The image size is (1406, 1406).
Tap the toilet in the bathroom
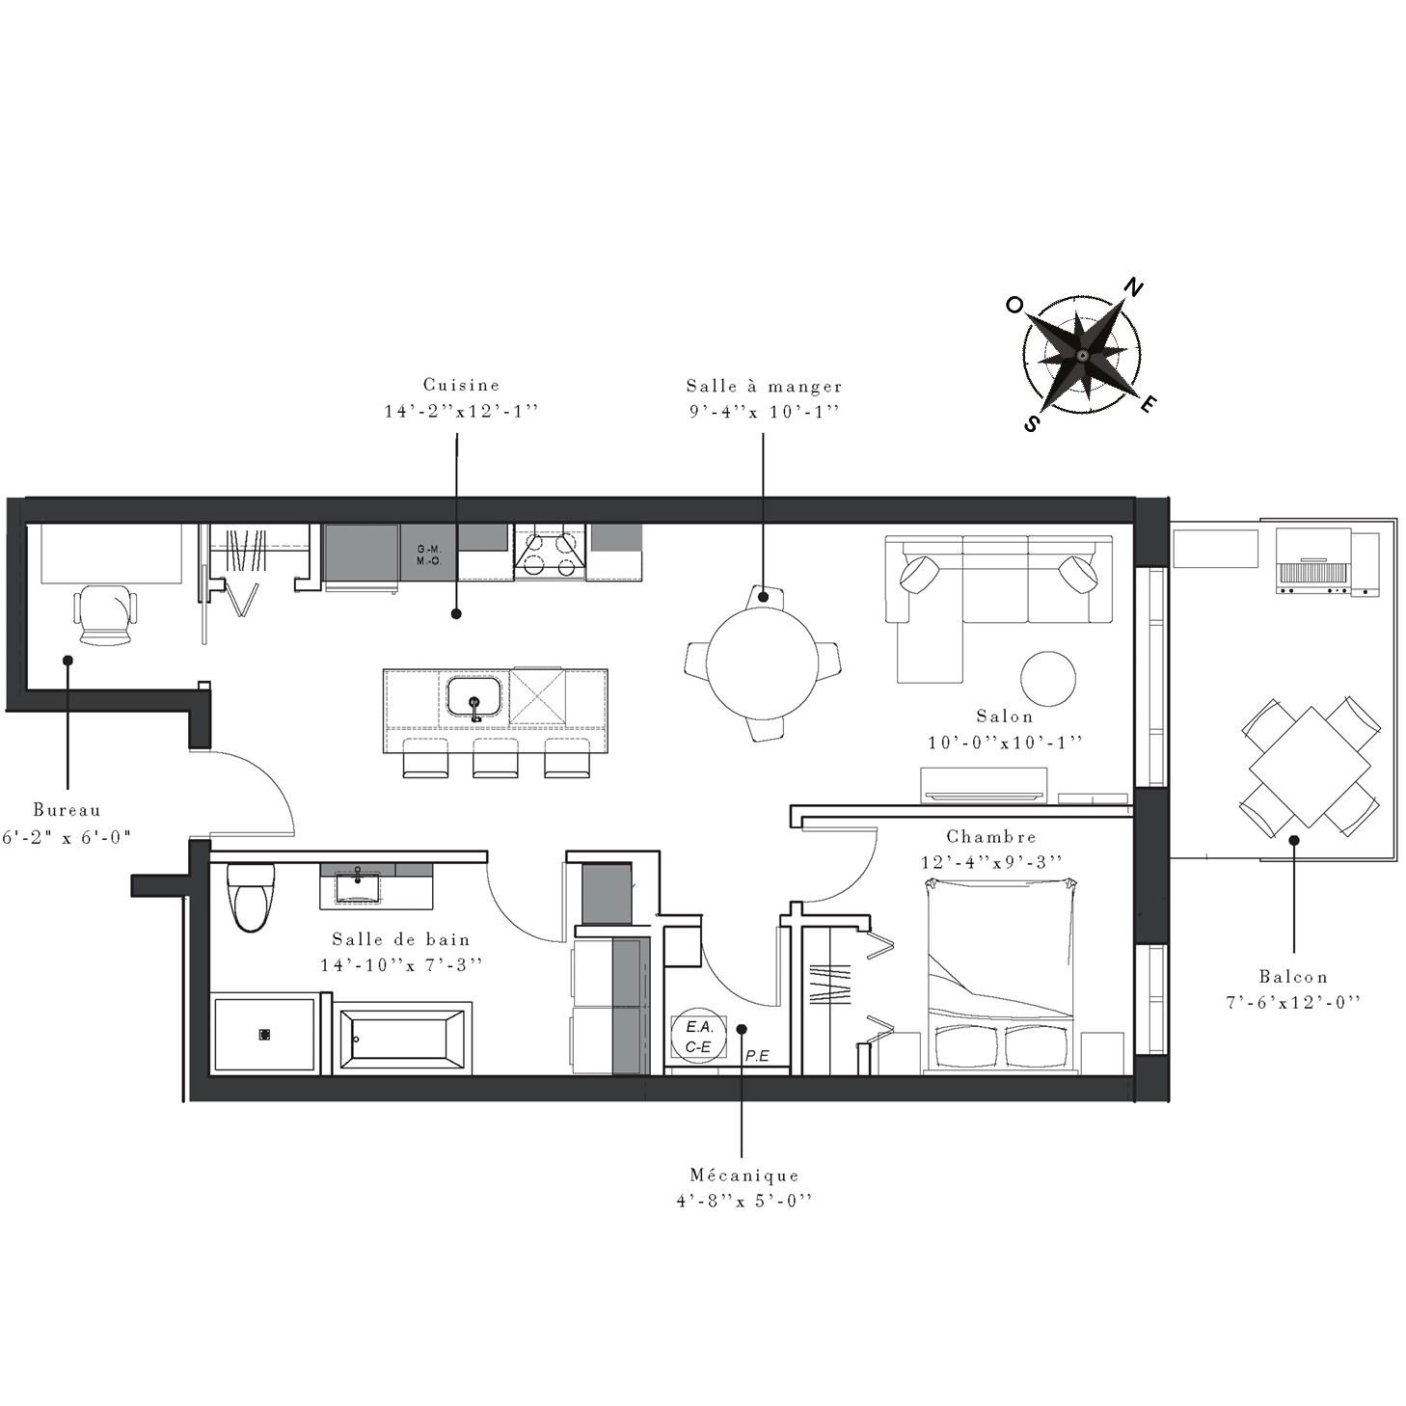click(250, 897)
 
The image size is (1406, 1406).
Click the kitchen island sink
click(474, 696)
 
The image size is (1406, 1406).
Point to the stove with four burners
click(550, 553)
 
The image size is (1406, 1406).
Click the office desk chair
click(105, 617)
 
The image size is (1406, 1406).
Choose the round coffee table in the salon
click(1048, 679)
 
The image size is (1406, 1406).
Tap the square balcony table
click(1310, 767)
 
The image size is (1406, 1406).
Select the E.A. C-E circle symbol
click(699, 1037)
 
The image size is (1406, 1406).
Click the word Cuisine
click(461, 385)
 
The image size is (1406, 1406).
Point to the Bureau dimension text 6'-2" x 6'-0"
click(67, 837)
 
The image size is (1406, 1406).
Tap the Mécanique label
click(744, 1175)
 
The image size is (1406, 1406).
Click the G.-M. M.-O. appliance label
click(429, 554)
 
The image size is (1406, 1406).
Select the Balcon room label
click(1293, 976)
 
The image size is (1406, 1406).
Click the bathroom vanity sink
click(358, 888)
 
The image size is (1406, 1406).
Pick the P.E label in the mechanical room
click(757, 1056)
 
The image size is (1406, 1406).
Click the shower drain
click(264, 1035)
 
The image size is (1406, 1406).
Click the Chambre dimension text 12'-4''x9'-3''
click(991, 862)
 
